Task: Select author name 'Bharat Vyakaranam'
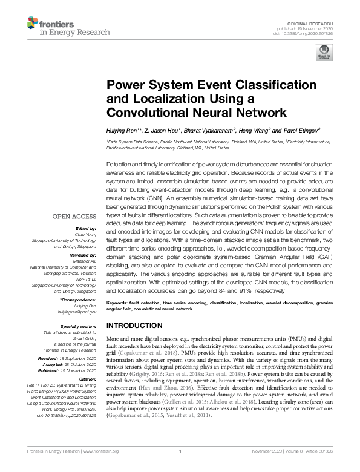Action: coord(203,130)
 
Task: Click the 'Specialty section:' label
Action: coord(79,326)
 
